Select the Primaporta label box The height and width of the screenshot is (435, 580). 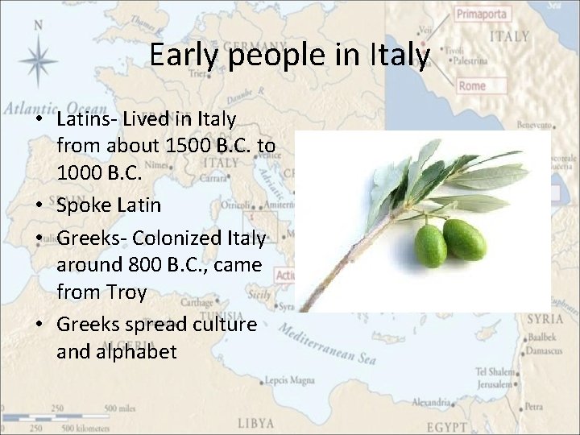[482, 14]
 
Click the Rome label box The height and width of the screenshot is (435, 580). [471, 85]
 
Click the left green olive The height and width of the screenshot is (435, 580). [432, 245]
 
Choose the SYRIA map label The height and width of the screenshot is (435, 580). [545, 319]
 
